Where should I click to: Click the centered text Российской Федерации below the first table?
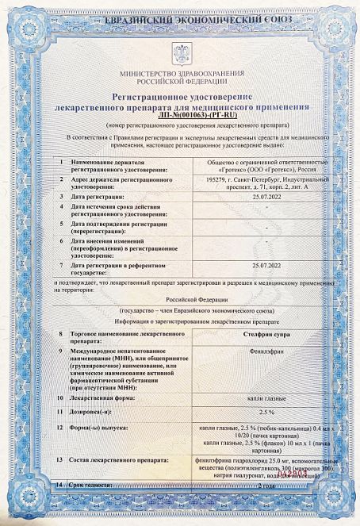(181, 301)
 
